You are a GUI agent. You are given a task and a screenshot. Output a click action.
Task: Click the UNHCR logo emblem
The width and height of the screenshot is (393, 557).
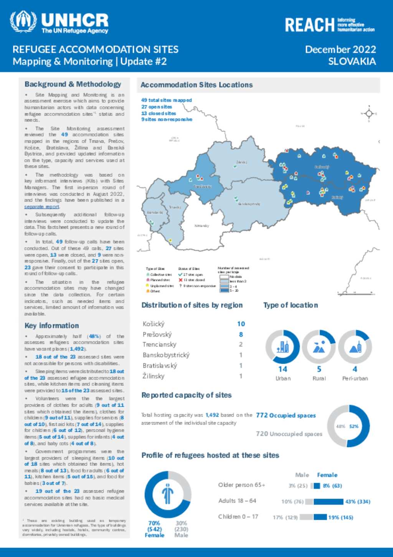23,22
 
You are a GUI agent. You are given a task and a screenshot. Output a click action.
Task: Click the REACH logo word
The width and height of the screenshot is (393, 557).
309,25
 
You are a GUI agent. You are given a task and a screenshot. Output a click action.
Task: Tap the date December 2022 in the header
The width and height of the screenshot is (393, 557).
340,50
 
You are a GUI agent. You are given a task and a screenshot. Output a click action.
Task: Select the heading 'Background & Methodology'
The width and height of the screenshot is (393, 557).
73,84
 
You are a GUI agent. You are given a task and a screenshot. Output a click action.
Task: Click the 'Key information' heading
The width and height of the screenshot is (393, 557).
51,326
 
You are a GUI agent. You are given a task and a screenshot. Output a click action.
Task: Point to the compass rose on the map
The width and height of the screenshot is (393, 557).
369,113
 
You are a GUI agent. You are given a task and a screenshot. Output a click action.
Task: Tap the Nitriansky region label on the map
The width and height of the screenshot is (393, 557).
201,226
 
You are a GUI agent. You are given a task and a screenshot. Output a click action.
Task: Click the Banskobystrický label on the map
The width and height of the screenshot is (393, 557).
249,204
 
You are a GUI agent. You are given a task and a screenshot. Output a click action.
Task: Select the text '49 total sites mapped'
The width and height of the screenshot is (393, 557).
166,100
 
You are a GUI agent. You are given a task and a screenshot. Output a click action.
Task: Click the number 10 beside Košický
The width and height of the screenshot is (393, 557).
241,324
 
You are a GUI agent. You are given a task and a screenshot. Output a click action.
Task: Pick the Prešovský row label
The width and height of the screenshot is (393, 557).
157,334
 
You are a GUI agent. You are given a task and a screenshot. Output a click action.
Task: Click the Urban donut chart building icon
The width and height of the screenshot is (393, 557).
282,347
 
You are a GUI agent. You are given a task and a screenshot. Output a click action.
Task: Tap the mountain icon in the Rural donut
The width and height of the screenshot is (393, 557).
319,347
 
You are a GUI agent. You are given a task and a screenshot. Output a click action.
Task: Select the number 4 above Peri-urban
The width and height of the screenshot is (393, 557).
355,369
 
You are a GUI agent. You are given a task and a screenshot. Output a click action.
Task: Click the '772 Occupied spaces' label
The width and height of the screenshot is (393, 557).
286,416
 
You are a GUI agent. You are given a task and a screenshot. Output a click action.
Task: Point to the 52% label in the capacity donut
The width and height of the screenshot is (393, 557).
353,426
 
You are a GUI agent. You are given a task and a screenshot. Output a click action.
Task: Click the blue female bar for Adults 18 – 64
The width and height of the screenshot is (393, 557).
328,502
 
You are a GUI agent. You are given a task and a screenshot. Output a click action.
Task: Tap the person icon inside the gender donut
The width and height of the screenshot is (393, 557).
168,494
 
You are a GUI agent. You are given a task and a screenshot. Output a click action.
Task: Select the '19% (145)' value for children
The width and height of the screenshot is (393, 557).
340,517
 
